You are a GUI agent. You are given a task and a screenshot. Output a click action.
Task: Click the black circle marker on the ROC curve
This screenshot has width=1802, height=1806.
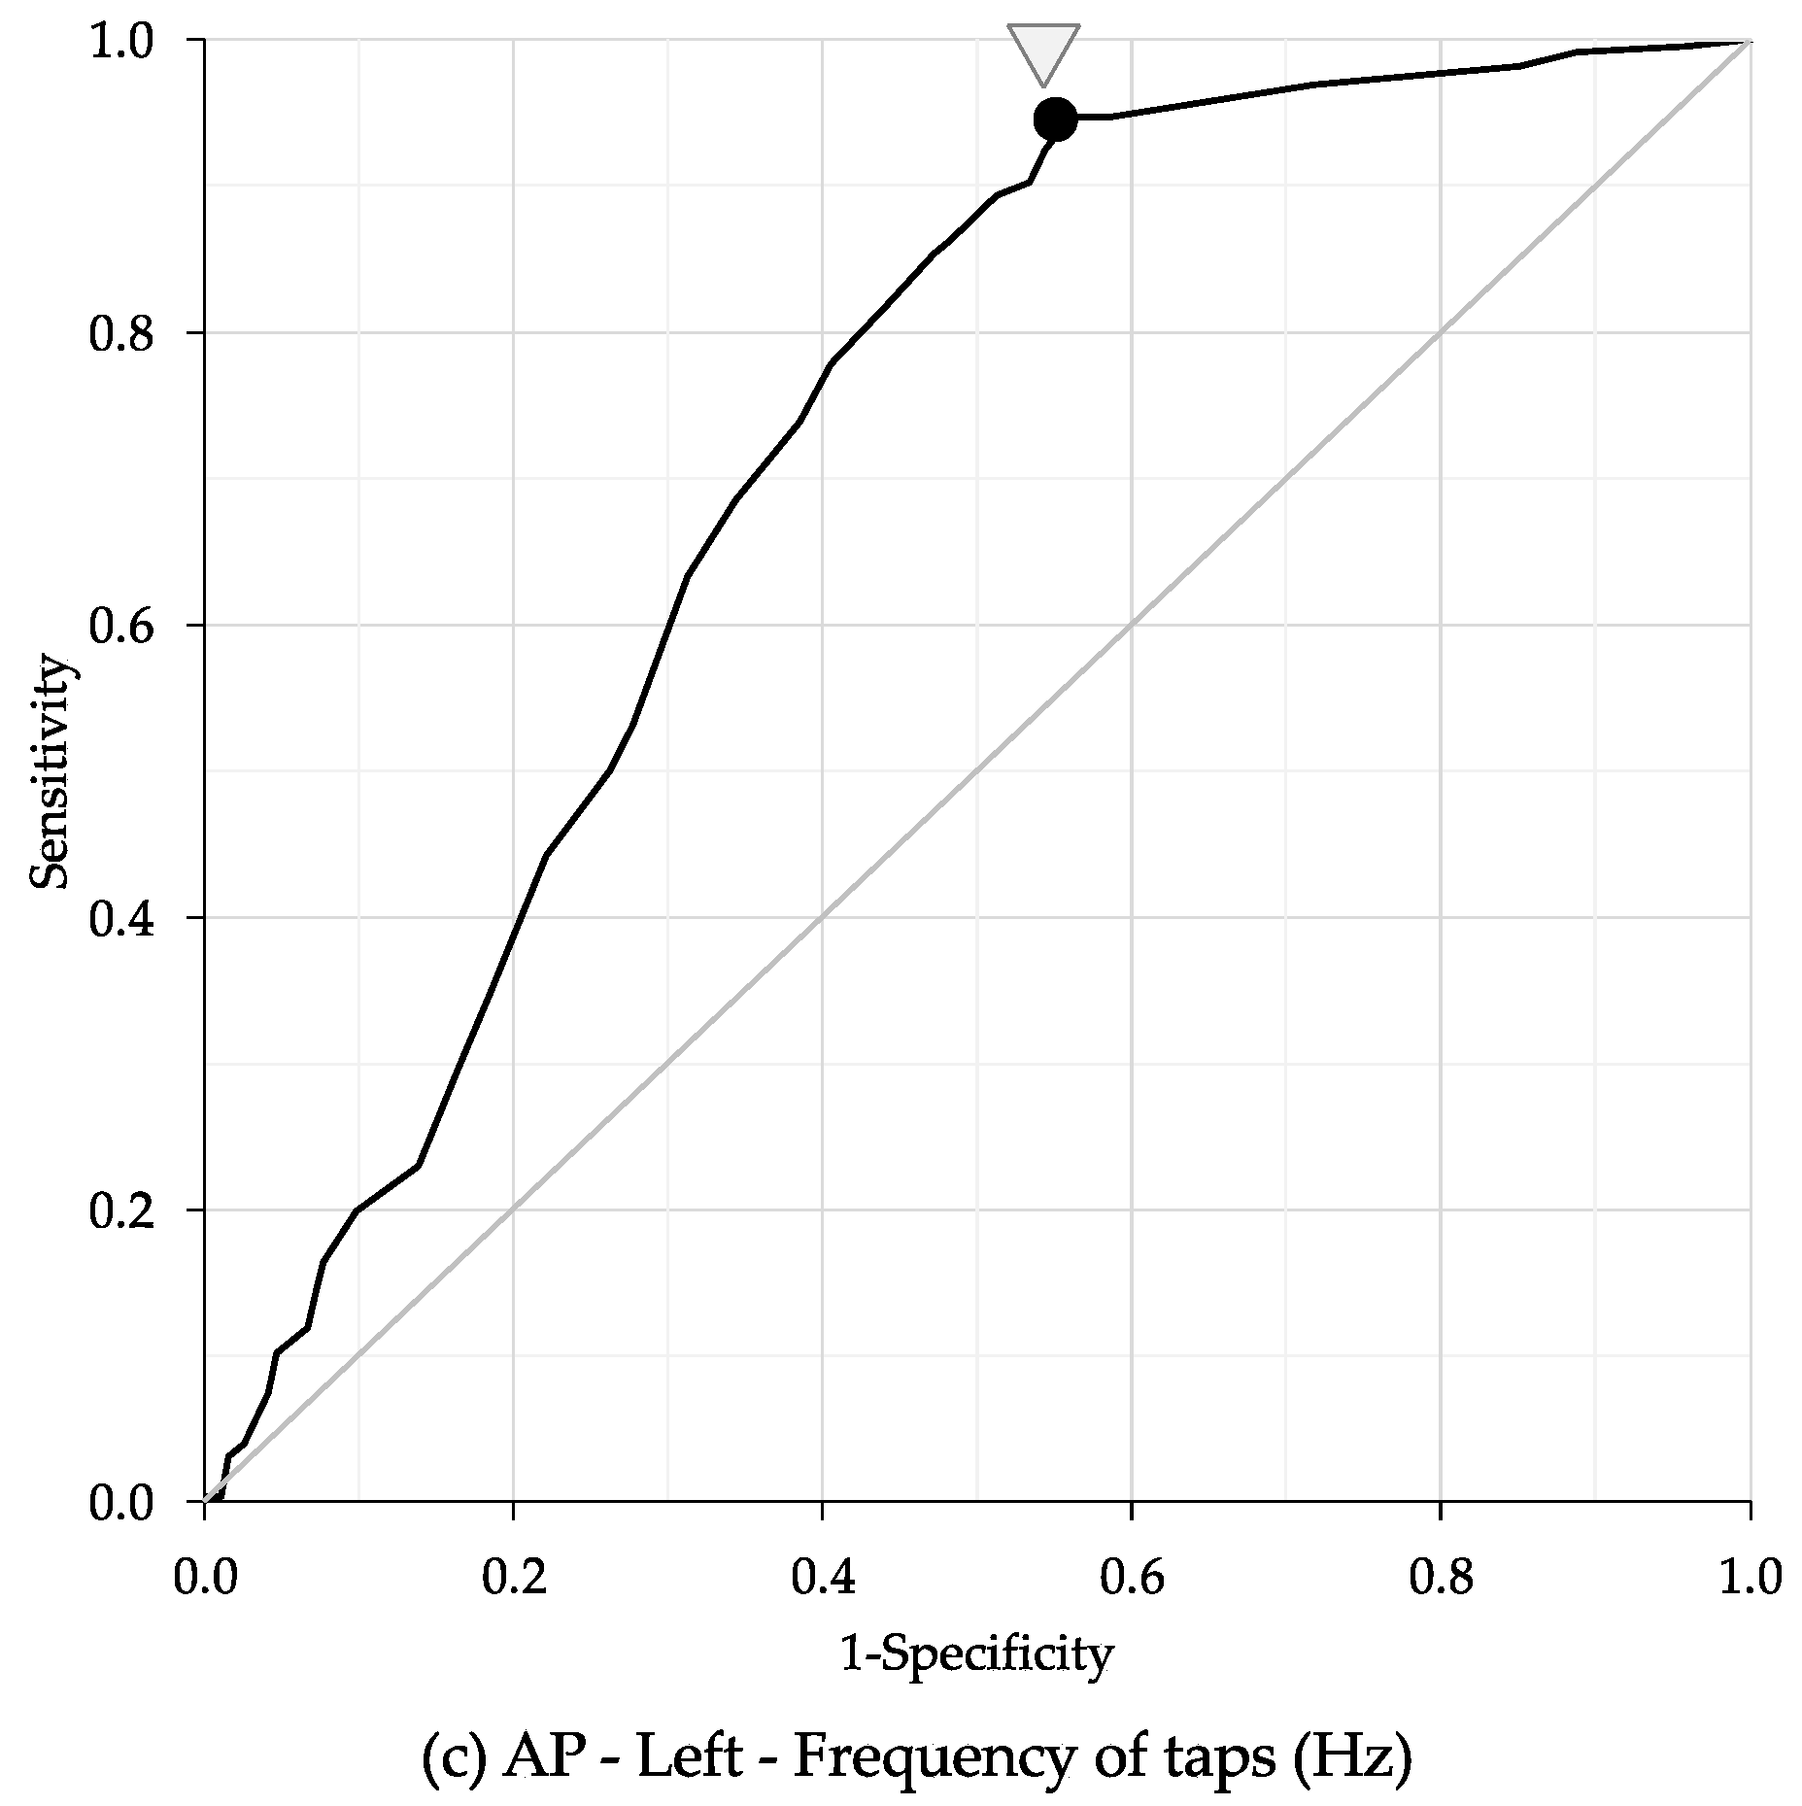pos(1055,119)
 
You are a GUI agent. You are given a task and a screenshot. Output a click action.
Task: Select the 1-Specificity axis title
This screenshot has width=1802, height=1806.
pos(976,1653)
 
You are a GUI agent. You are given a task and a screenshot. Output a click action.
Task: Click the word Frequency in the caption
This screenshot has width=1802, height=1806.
pos(934,1757)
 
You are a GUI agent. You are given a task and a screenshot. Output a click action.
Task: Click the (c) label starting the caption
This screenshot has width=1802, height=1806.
pos(453,1757)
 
